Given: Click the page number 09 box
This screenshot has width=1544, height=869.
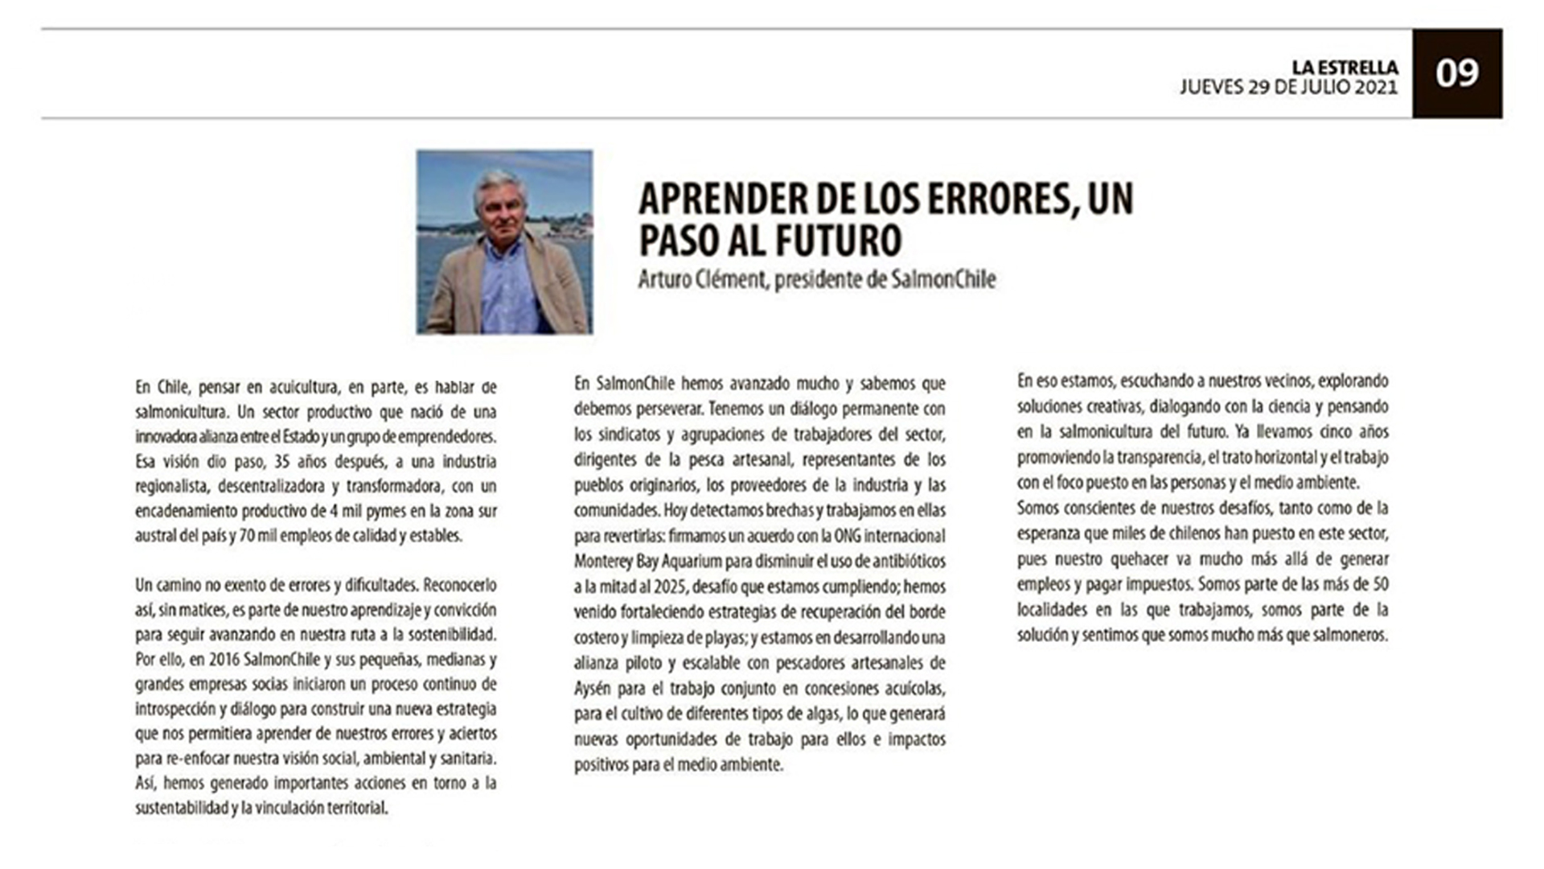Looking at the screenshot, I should pos(1456,73).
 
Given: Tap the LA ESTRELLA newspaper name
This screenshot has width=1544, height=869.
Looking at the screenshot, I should pos(1345,68).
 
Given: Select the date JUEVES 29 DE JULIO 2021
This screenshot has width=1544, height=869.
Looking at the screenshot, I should pos(1288,88).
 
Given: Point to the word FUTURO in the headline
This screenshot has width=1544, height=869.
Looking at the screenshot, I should pos(837,239).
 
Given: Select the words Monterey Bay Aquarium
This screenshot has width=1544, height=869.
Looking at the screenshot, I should pos(652,561).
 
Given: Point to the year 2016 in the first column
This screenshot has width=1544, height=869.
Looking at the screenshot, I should pos(224,660).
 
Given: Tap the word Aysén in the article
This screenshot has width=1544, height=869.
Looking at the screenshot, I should pos(593,689).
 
